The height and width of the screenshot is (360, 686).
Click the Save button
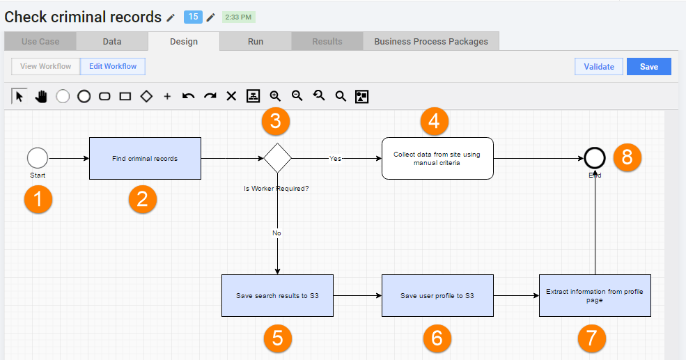(x=649, y=66)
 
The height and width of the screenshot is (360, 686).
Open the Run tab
(x=256, y=42)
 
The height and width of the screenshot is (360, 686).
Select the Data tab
(x=112, y=42)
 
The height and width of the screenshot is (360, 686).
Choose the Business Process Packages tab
(x=431, y=42)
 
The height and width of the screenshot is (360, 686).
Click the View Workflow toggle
(x=45, y=66)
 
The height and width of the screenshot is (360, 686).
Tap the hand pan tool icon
(x=41, y=96)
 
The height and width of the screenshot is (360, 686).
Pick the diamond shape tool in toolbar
(x=146, y=96)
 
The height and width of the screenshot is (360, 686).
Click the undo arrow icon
(x=189, y=96)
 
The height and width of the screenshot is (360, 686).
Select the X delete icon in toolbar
(x=231, y=96)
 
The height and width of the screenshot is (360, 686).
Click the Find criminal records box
(x=146, y=158)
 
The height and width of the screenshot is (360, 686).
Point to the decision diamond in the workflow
(x=277, y=158)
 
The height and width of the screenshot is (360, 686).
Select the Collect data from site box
(x=437, y=158)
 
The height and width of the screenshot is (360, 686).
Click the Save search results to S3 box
(x=277, y=296)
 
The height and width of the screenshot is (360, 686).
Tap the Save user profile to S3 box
(x=437, y=296)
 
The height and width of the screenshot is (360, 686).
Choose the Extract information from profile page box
(x=595, y=296)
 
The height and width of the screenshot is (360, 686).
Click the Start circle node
(x=38, y=158)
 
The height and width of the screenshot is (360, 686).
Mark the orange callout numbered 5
(x=277, y=338)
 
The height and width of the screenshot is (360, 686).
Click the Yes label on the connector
(x=335, y=158)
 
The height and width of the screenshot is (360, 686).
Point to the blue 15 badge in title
(x=193, y=17)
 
